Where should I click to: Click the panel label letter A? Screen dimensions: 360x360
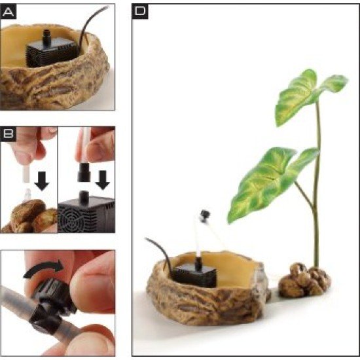point(9,12)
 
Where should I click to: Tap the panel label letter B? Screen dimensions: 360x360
point(9,134)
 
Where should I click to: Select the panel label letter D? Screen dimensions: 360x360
point(140,10)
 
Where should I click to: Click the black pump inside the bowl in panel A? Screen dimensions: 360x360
point(51,52)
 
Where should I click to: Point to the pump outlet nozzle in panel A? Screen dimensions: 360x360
point(47,37)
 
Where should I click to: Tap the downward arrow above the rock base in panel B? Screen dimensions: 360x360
point(42,181)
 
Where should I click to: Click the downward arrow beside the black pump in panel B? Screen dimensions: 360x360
point(103,180)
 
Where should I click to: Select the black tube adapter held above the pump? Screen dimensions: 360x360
point(84,172)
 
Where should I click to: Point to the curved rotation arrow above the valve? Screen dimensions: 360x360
point(44,268)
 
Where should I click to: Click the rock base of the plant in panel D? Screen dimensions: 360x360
point(304,281)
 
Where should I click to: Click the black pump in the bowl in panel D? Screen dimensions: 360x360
point(195,275)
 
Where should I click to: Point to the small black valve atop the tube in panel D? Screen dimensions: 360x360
point(205,216)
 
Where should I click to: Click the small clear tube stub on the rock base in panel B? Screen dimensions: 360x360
point(27,194)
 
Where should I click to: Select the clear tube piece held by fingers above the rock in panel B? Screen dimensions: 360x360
point(26,175)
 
